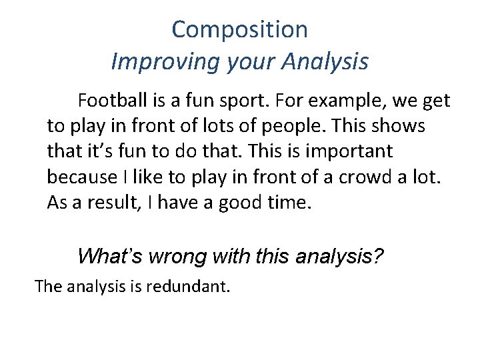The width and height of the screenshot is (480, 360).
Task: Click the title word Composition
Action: click(240, 30)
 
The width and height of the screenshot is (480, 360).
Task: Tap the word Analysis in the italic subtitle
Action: click(325, 62)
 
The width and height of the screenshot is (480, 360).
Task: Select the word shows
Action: click(401, 127)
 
